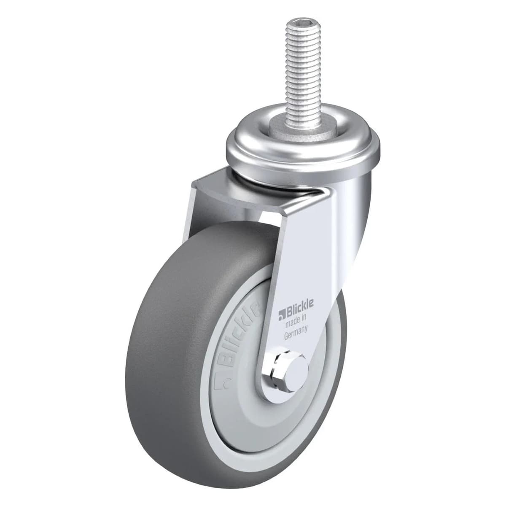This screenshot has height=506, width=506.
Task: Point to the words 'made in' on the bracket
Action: point(296,317)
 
